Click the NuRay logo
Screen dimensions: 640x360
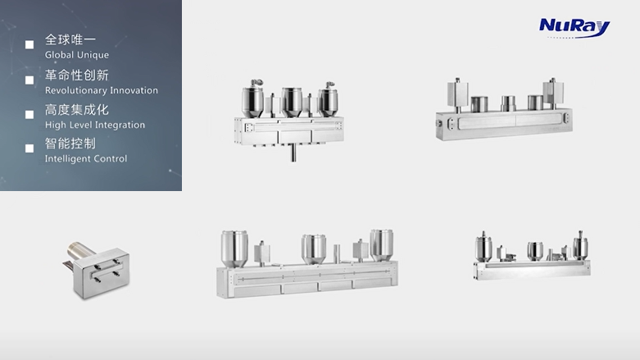pyautogui.click(x=574, y=28)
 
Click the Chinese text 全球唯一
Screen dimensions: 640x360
pyautogui.click(x=70, y=39)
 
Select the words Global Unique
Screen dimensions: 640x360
pyautogui.click(x=77, y=55)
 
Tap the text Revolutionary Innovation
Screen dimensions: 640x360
pyautogui.click(x=102, y=90)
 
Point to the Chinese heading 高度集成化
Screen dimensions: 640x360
pyautogui.click(x=77, y=110)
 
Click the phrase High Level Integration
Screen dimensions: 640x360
pyautogui.click(x=95, y=125)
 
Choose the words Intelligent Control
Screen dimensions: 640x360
pyautogui.click(x=86, y=158)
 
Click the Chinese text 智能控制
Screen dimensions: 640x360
pyautogui.click(x=70, y=144)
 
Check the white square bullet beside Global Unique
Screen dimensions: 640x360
pyautogui.click(x=30, y=44)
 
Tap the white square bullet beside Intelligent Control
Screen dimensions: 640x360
pyautogui.click(x=30, y=148)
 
